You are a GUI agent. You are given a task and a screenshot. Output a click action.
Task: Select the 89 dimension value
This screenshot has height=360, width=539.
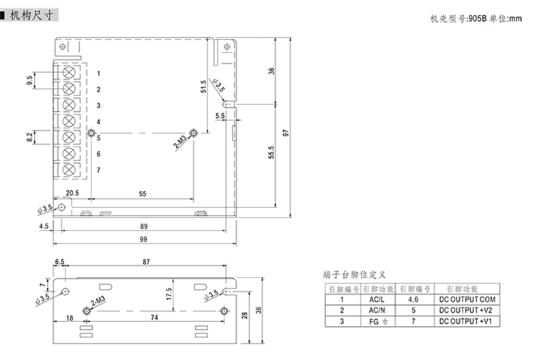(x=143, y=226)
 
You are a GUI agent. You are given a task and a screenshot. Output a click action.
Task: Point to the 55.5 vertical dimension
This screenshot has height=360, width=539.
(x=271, y=155)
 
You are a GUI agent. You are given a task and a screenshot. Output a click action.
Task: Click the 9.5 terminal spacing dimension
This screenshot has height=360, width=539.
(x=30, y=80)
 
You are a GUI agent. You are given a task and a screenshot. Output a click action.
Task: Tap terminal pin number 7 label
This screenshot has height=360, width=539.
(x=98, y=170)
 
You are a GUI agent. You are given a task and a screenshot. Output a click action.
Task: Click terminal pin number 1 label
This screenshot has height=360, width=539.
(x=98, y=73)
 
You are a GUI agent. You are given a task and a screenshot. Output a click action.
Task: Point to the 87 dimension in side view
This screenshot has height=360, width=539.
(x=147, y=262)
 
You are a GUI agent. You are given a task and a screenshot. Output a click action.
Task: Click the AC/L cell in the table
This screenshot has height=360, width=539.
(x=377, y=299)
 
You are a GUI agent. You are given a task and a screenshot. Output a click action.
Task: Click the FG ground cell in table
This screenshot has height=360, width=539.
(x=377, y=320)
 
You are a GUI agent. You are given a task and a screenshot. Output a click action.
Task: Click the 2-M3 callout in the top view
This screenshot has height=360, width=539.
(x=181, y=145)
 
